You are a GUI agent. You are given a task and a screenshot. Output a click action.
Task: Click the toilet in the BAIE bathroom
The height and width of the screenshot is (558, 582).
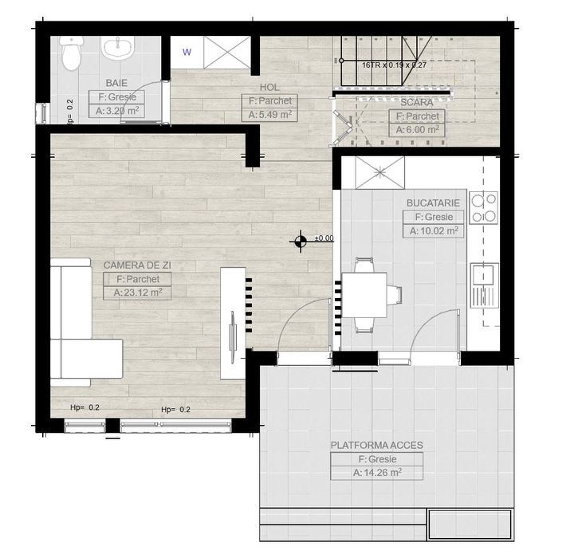click(69, 54)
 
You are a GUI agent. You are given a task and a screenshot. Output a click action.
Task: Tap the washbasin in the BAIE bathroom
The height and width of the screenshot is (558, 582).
click(120, 49)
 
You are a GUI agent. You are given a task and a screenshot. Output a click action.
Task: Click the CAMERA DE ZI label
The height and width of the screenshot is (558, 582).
click(137, 265)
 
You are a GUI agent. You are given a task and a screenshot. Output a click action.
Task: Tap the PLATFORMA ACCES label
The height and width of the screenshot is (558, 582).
click(377, 445)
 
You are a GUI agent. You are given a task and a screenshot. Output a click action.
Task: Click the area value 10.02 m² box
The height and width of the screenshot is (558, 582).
click(434, 231)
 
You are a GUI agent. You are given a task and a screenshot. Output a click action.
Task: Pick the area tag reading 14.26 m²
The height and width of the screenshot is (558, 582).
click(377, 473)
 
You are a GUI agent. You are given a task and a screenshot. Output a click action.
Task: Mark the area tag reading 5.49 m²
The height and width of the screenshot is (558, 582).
click(269, 115)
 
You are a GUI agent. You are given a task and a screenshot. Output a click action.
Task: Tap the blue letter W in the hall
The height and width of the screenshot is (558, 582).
click(187, 53)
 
